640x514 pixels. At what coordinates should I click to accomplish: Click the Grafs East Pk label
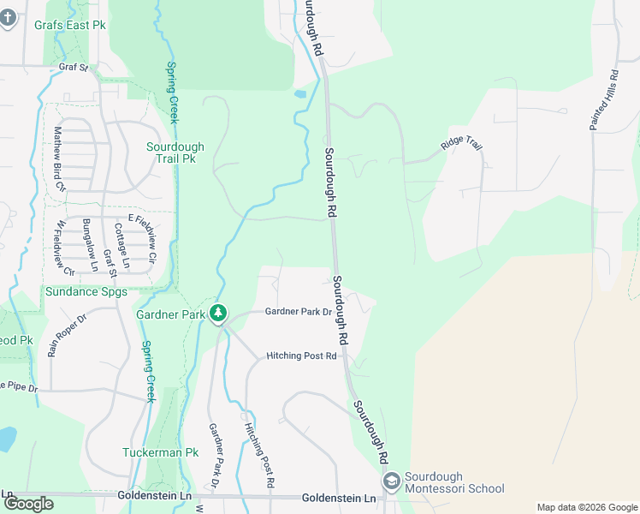[x=70, y=25]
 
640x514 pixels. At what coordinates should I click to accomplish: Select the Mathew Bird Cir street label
[x=59, y=158]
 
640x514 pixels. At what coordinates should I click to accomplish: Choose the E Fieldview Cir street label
[x=142, y=237]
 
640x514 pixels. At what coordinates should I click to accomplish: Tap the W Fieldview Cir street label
[x=64, y=248]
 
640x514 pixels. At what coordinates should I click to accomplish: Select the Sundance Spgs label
[x=86, y=292]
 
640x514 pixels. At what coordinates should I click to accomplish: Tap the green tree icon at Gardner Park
[x=219, y=314]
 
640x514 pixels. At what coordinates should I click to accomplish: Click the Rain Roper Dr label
[x=68, y=335]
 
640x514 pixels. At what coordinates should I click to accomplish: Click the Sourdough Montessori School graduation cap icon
[x=392, y=482]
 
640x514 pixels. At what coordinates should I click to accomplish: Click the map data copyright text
[x=586, y=507]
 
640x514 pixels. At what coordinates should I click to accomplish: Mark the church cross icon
[x=9, y=18]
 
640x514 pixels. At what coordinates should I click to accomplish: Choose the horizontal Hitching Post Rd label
[x=301, y=356]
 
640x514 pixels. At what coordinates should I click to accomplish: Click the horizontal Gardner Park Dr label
[x=298, y=312]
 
